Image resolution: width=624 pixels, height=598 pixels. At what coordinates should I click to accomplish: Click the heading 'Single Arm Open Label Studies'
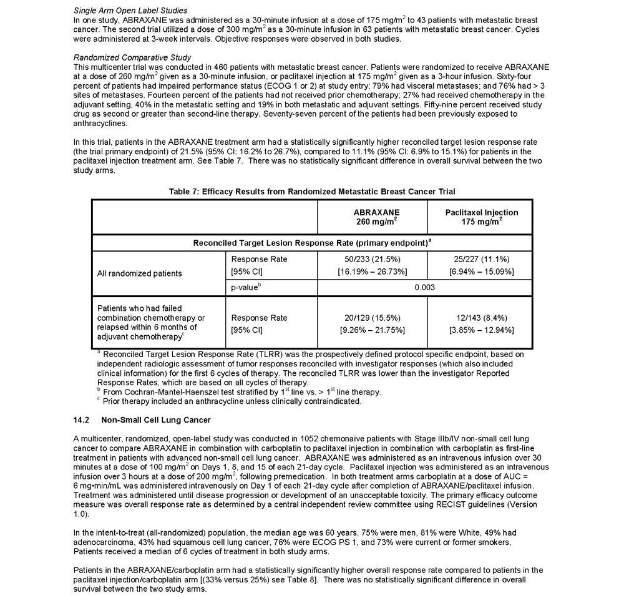tap(130, 11)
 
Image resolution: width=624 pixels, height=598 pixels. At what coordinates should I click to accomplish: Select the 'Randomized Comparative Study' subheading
tap(132, 57)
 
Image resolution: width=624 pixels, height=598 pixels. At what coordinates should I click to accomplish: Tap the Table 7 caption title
tap(312, 191)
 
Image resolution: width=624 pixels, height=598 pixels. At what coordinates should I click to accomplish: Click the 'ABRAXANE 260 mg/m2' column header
tap(373, 217)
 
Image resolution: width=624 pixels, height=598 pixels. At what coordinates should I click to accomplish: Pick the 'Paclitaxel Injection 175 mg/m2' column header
tap(481, 217)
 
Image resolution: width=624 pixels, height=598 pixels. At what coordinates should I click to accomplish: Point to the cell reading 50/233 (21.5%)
tap(373, 259)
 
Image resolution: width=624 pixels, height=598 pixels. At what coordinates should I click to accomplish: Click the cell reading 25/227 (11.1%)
tap(481, 259)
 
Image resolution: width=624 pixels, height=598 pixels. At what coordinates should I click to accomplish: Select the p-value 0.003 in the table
tap(426, 287)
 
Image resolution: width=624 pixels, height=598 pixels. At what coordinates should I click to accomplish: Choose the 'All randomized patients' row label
tap(140, 273)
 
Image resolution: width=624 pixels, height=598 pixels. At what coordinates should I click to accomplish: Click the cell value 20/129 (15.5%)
tap(373, 318)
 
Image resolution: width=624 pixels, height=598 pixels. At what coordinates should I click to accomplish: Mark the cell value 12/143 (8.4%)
tap(481, 318)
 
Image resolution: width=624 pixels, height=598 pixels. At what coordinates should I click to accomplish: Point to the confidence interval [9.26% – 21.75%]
tap(373, 330)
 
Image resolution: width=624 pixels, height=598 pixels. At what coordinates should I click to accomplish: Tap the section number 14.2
tap(82, 419)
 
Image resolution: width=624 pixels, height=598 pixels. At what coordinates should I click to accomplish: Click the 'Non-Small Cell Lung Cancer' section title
tap(155, 419)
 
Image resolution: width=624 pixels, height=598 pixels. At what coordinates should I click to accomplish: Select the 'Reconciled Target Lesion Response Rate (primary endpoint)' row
tap(312, 242)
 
